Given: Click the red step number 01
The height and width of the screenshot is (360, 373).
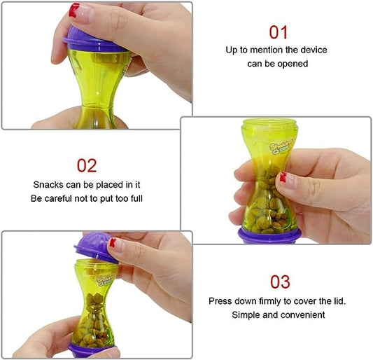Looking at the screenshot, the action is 278,32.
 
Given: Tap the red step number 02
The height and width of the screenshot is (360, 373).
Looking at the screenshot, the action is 87,166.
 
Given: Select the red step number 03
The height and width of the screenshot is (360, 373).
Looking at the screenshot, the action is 280,282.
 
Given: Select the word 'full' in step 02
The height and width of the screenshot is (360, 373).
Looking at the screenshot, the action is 136,199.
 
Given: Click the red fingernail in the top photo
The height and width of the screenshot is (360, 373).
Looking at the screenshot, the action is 73,10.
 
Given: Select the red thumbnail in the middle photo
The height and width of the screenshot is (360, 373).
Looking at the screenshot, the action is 283,177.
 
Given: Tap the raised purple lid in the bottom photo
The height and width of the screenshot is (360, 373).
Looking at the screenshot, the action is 95,247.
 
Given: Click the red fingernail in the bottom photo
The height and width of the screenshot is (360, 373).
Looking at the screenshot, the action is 113,242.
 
